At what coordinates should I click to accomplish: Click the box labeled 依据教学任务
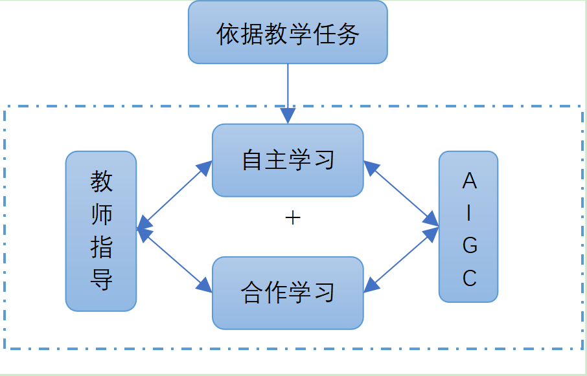point(288,32)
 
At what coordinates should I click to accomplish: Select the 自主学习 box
point(288,160)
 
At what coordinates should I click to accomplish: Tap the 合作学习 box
point(288,293)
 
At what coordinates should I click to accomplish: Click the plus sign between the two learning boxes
point(293,218)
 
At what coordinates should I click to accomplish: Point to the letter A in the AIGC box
point(469,182)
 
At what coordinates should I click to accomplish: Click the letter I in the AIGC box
point(469,214)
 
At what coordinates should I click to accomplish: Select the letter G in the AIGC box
point(469,246)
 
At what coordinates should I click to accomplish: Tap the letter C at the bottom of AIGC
point(469,278)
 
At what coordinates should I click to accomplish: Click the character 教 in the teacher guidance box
point(102,182)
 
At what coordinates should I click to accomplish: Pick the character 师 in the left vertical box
point(102,215)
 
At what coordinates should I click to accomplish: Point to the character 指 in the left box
point(102,248)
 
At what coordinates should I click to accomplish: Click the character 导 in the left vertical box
point(102,280)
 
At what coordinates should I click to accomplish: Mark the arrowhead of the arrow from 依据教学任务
point(288,116)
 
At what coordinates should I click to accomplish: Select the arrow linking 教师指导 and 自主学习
point(174,195)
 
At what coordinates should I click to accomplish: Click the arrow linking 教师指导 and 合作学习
point(174,260)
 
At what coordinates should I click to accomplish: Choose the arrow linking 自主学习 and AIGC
point(401,194)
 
